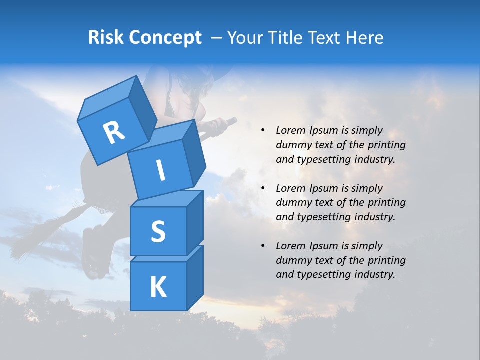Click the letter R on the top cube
click(114, 133)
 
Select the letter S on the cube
click(158, 231)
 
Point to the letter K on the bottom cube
click(158, 287)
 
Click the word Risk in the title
click(107, 38)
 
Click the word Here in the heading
click(366, 38)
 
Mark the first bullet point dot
click(263, 131)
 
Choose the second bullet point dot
click(263, 188)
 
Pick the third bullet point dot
click(263, 246)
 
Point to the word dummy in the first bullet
click(292, 145)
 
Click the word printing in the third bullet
click(387, 260)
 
